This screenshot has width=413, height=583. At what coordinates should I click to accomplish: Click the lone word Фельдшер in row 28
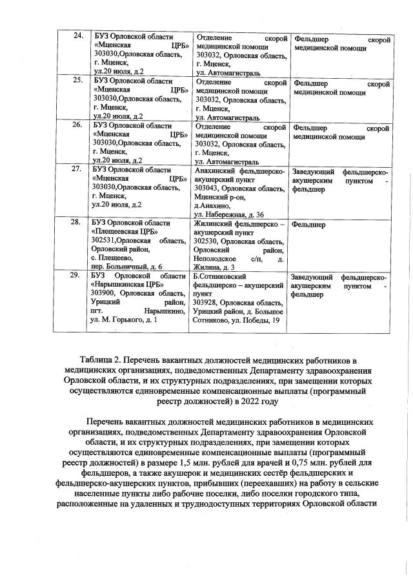pyautogui.click(x=308, y=225)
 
